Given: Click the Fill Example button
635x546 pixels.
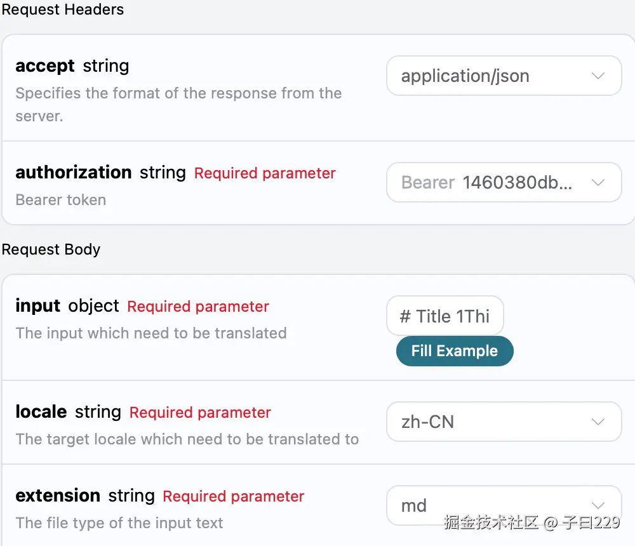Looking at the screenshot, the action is [454, 351].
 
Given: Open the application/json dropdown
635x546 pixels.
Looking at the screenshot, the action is [503, 76].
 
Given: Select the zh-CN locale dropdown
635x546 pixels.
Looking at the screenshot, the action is [503, 422].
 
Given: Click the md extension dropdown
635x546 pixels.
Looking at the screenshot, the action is [503, 505].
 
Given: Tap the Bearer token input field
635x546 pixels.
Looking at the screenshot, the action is [503, 183].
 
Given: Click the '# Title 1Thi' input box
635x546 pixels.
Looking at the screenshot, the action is [444, 316].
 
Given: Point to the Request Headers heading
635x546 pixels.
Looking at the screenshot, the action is [63, 10].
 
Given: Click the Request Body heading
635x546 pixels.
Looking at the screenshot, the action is [51, 250].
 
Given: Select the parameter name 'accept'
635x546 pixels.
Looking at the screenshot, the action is [45, 66].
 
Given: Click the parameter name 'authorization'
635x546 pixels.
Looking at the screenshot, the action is [73, 173].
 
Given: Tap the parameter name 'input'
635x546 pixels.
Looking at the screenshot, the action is [37, 306].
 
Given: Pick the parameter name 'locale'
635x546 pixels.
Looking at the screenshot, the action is [41, 412].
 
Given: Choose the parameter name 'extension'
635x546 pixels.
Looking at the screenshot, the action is [58, 496].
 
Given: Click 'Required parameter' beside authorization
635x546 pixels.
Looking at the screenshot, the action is [265, 173].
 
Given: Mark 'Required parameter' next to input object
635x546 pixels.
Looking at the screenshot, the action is [198, 307].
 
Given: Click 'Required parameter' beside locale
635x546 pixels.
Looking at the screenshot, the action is [200, 413].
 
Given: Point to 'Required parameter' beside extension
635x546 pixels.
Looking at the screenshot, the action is [234, 496].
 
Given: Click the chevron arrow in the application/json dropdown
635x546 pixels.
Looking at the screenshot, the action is [598, 76].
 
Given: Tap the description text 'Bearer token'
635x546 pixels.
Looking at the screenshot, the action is [60, 200].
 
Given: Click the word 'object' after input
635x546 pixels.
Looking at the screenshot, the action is [93, 306].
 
